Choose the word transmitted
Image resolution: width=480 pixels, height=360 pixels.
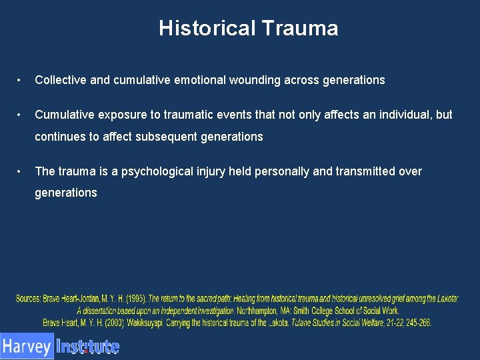click(367, 171)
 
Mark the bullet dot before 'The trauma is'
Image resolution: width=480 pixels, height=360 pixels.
click(20, 171)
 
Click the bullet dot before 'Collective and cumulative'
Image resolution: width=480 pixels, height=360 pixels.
click(20, 80)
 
